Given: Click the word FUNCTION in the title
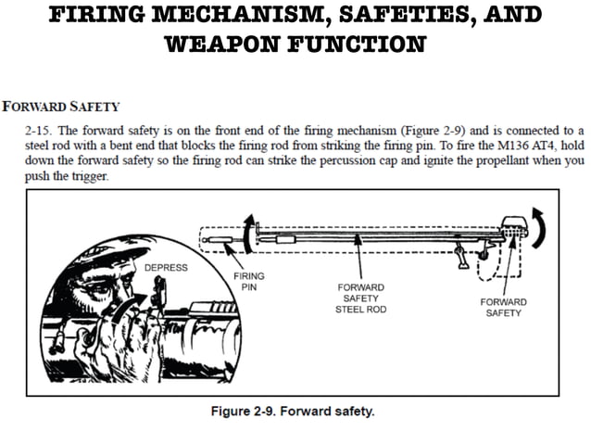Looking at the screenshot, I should pos(362,44).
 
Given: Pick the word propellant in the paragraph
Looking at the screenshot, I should pos(464,160).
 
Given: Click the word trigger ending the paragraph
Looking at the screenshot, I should pos(89,175).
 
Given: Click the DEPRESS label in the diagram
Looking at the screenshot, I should pos(165,268).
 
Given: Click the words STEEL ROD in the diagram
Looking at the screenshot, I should pos(358,309).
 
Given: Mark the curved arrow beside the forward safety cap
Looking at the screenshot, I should pos(543,225).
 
